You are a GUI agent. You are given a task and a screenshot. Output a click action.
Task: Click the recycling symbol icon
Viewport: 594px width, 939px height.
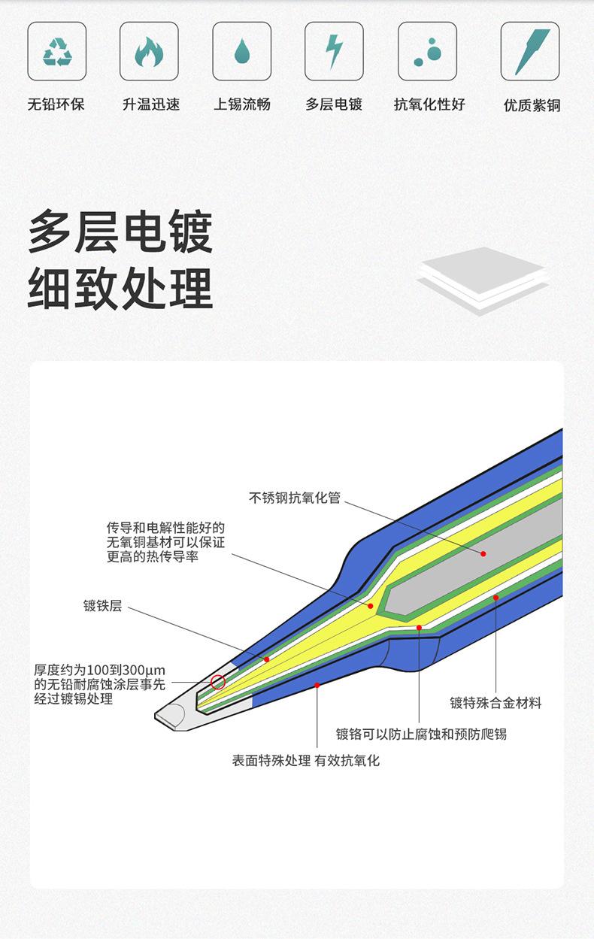click(x=57, y=51)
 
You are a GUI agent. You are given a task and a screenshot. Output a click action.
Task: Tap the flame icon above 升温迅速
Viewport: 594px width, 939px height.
click(x=149, y=51)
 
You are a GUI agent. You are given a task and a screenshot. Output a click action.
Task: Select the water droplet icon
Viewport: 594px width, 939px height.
click(x=241, y=51)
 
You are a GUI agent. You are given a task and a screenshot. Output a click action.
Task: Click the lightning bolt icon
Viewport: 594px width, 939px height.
click(x=334, y=51)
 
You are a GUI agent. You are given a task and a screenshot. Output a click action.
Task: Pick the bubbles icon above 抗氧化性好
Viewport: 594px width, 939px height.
click(x=427, y=51)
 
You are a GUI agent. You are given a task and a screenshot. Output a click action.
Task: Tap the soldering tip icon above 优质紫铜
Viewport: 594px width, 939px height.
click(x=530, y=51)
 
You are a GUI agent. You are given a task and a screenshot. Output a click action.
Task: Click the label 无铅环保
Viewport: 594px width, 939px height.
click(x=56, y=105)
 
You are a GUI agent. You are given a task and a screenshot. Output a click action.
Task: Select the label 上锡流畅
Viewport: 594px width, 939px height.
click(x=241, y=105)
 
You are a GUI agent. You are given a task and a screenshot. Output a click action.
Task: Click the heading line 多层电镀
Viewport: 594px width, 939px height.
click(x=120, y=232)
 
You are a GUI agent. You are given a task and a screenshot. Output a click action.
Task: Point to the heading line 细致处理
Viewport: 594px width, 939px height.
click(x=120, y=289)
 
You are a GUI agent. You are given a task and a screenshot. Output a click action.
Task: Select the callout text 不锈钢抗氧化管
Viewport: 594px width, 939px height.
click(x=295, y=498)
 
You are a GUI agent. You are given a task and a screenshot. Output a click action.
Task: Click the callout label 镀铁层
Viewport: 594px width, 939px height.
click(x=102, y=605)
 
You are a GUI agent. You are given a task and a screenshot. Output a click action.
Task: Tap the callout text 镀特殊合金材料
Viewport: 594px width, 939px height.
click(x=496, y=704)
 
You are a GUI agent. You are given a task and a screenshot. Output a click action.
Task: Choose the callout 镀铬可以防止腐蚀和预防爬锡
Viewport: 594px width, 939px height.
click(x=421, y=734)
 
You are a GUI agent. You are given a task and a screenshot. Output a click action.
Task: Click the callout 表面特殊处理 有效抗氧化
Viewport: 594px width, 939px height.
click(x=306, y=761)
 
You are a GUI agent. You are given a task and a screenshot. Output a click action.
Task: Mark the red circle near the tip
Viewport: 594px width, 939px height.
click(x=218, y=682)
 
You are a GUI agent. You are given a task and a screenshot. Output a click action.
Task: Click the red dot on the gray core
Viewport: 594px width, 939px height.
click(x=483, y=553)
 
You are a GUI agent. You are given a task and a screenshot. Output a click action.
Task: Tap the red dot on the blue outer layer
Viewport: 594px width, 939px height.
click(x=317, y=685)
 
